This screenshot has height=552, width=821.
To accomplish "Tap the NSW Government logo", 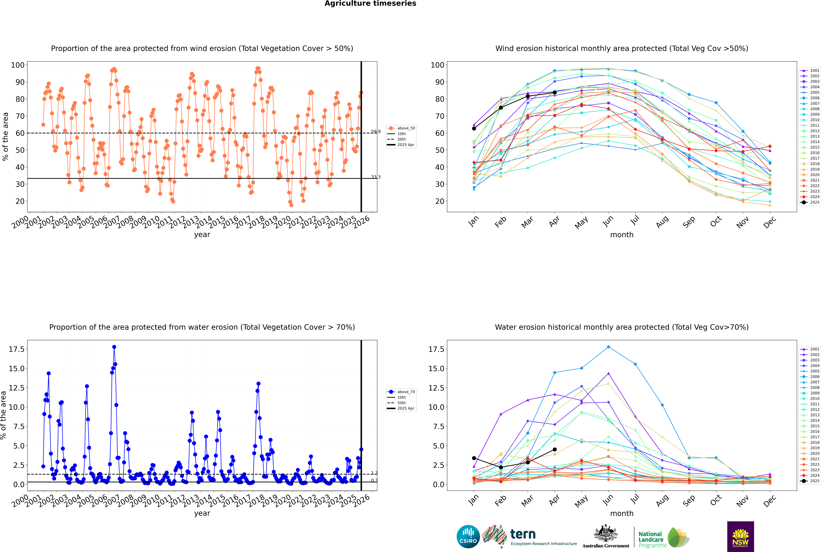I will pos(740,536).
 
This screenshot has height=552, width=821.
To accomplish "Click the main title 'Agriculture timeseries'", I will pos(370,3).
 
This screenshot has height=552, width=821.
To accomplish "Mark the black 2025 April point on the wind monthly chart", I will pos(555,93).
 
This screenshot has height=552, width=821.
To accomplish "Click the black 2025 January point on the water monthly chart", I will pos(474,458).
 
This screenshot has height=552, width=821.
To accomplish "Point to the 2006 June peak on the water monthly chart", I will pos(608,347).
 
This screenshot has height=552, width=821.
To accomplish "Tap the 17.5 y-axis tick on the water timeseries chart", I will pos(17,349).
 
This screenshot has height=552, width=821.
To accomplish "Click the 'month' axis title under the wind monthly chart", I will pos(622,235).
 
